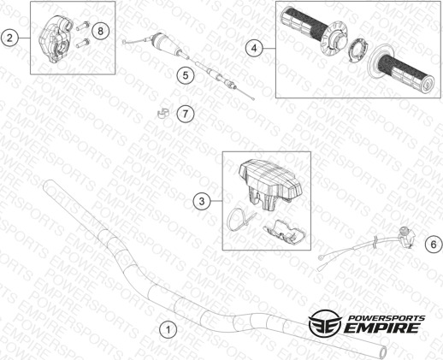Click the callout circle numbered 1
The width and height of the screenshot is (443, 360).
[x=168, y=330]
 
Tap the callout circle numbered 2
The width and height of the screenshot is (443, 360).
[x=9, y=38]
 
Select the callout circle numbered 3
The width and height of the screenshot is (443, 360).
[x=202, y=201]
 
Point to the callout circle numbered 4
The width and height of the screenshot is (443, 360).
[x=254, y=49]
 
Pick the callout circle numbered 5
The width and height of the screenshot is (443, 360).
[x=186, y=75]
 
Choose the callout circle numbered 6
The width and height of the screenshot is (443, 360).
[x=434, y=245]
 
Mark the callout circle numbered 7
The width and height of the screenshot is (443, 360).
[x=186, y=114]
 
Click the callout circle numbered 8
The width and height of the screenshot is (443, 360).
[x=100, y=31]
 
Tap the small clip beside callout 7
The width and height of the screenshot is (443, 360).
[x=163, y=113]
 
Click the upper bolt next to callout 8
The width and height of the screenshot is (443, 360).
[x=83, y=27]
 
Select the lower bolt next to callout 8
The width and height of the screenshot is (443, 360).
[x=83, y=43]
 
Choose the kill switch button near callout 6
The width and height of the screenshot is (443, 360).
[x=406, y=235]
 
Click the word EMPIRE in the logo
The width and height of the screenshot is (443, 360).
[x=382, y=328]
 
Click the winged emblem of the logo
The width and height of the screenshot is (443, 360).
[x=325, y=322]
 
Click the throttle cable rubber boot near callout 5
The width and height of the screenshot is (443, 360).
[x=166, y=44]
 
